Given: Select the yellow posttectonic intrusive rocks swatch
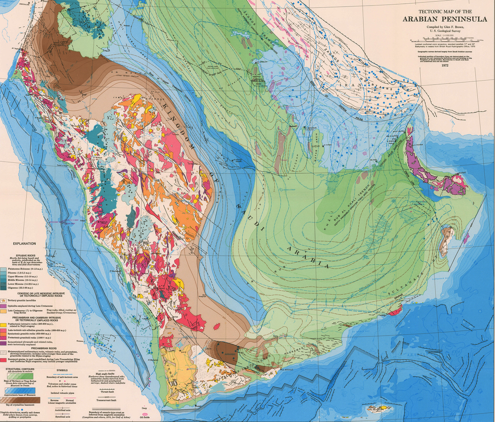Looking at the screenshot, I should point(4,326).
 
